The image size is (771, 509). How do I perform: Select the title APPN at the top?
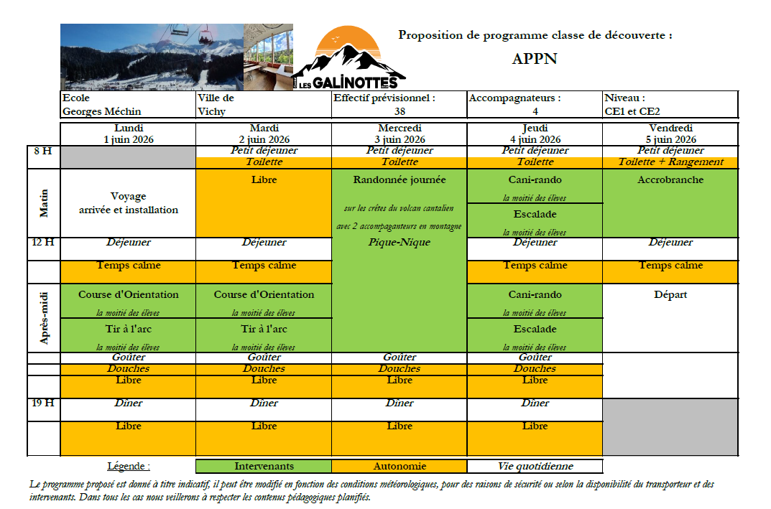[x=535, y=60]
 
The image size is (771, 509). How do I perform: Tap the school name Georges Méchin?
[x=102, y=111]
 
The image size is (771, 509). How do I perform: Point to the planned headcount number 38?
[x=400, y=111]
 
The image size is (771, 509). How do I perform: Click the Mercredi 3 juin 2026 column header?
[x=400, y=134]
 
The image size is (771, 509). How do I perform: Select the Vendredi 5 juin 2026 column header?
[x=670, y=134]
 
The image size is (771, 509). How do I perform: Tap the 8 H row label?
[x=43, y=151]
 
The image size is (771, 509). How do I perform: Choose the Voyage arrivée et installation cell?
[x=128, y=203]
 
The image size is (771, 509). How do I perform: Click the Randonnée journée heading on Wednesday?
[x=400, y=179]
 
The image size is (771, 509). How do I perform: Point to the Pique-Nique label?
[x=400, y=243]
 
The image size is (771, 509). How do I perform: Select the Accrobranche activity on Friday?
[x=670, y=179]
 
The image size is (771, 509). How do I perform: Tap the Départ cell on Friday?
[x=670, y=294]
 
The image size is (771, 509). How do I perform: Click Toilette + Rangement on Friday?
[x=670, y=162]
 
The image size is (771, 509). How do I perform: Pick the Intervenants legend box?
[x=264, y=466]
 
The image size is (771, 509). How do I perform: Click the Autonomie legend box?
[x=400, y=466]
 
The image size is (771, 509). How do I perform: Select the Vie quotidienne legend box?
[x=535, y=466]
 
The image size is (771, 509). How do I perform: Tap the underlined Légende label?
[x=129, y=466]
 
